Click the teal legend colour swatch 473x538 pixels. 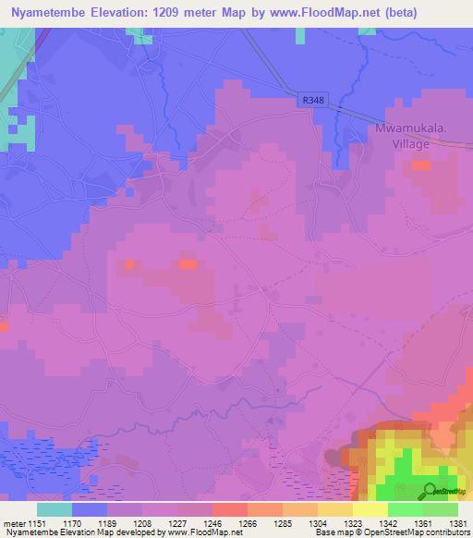coord(54,509)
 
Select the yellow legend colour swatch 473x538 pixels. coord(370,509)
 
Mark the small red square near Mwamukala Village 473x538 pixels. coord(420,165)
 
